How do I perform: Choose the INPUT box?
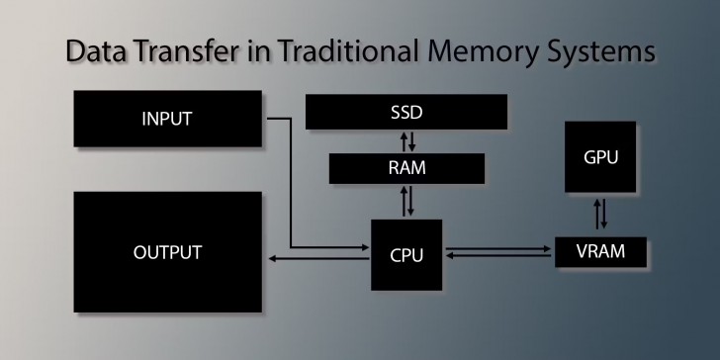pyautogui.click(x=167, y=120)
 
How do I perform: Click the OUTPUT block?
pyautogui.click(x=167, y=252)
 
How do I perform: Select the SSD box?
pyautogui.click(x=405, y=112)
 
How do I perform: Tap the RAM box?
pyautogui.click(x=406, y=168)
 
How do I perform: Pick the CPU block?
pyautogui.click(x=406, y=255)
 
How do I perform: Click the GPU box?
pyautogui.click(x=599, y=157)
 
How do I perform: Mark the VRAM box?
pyautogui.click(x=600, y=251)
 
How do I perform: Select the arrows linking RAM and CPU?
pyautogui.click(x=407, y=202)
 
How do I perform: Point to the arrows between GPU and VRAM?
pyautogui.click(x=600, y=215)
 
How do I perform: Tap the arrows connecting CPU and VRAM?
pyautogui.click(x=498, y=253)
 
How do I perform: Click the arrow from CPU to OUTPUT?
pyautogui.click(x=316, y=259)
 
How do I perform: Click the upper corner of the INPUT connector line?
pyautogui.click(x=290, y=120)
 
